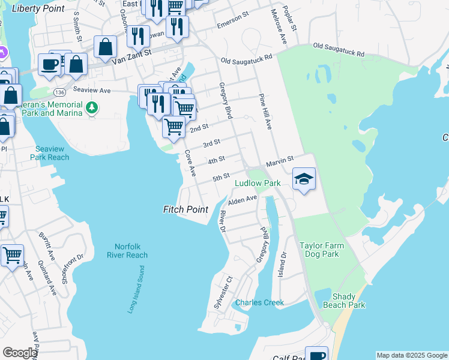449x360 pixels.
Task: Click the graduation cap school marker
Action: click(x=304, y=179)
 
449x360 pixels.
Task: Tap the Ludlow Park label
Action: click(x=258, y=182)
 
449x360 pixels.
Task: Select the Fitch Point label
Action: click(x=185, y=209)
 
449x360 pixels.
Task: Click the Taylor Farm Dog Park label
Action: click(x=328, y=250)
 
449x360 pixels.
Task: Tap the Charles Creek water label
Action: click(x=259, y=302)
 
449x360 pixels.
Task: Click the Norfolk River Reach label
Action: click(x=127, y=251)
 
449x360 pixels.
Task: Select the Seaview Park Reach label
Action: click(x=50, y=153)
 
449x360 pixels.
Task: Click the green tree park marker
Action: click(x=92, y=108)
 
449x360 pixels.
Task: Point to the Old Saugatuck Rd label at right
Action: click(x=339, y=50)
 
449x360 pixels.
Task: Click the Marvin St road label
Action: click(x=279, y=160)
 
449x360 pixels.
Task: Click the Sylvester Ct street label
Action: click(x=221, y=293)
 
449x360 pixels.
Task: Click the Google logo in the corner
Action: click(x=20, y=352)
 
